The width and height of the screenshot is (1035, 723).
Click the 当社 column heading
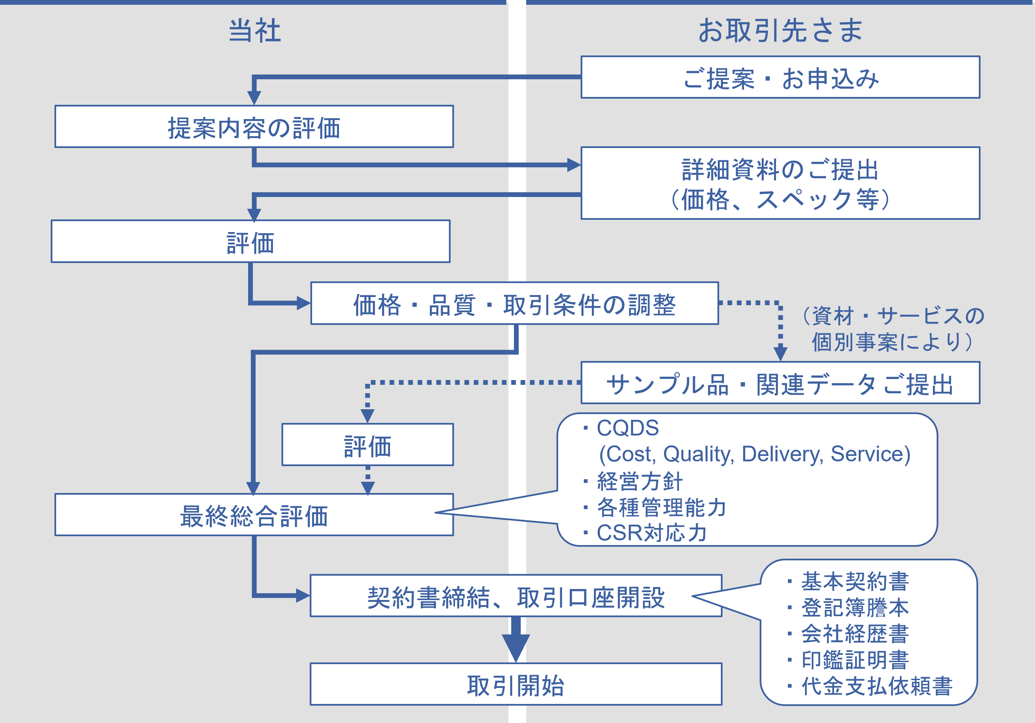255,31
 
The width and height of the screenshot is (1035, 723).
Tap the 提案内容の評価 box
254,127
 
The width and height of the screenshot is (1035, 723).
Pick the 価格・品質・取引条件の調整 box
514,303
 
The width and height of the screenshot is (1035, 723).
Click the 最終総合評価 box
254,515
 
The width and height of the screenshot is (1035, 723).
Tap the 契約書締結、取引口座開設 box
516,596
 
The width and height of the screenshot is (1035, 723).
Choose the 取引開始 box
516,684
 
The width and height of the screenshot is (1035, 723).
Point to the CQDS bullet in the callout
628,428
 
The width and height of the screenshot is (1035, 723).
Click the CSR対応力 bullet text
651,533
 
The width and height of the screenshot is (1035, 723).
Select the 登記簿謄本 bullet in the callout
855,607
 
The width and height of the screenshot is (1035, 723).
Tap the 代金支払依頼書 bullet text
876,686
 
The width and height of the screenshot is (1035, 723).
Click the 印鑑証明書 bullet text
855,660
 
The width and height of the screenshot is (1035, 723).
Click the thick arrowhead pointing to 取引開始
516,647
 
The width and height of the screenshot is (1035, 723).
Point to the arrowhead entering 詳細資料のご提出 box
573,165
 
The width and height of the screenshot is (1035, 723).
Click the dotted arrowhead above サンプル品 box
780,353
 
